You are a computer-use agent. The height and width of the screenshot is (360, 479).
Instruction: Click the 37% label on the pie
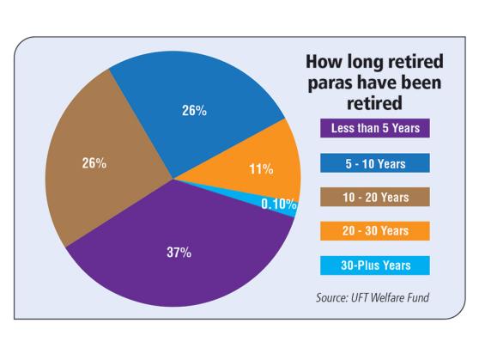coord(179,253)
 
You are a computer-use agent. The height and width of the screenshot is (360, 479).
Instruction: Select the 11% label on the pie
coord(261,169)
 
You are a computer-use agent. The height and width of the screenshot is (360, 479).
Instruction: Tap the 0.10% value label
coord(279,204)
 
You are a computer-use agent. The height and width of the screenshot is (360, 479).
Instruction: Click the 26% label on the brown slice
coord(94,163)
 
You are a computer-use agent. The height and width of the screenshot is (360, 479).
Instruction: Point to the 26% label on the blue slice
coord(194,111)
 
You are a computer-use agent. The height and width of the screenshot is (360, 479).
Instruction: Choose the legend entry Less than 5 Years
coord(375,128)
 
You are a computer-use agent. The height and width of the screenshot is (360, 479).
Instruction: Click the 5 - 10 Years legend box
coord(375,163)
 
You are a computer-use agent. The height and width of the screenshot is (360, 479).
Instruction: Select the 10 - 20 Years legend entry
coord(375,197)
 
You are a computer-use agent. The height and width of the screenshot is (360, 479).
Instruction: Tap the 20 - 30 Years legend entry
coord(375,231)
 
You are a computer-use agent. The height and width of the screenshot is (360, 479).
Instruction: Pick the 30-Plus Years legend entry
coord(375,265)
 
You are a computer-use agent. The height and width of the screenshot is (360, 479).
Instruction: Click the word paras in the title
coord(330,83)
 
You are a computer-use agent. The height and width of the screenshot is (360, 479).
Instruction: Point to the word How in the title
coord(324,61)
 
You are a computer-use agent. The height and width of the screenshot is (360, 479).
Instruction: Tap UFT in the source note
coord(359,297)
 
